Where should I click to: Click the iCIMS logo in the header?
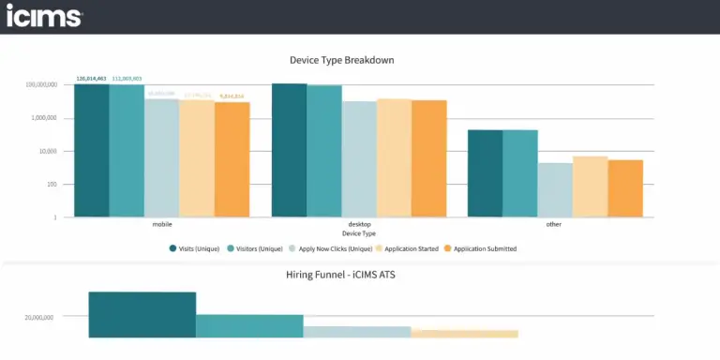coord(44,16)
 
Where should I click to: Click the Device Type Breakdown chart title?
coord(341,60)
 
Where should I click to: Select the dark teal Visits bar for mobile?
coord(91,151)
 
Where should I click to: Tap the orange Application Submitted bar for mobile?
coord(232,159)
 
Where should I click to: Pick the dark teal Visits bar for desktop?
coord(290,150)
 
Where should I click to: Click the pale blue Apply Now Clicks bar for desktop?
coord(359,158)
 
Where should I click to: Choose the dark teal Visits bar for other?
coord(486,173)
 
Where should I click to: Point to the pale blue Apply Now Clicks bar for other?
coord(555,189)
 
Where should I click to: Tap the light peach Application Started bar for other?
coord(591,187)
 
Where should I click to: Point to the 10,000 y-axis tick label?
coord(45,151)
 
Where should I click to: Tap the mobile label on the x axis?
coord(161,225)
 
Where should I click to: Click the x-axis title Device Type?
coord(359,233)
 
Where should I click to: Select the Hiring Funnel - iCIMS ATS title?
coord(341,276)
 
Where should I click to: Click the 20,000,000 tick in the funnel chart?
coord(38,318)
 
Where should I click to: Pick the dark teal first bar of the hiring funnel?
coord(142,314)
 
